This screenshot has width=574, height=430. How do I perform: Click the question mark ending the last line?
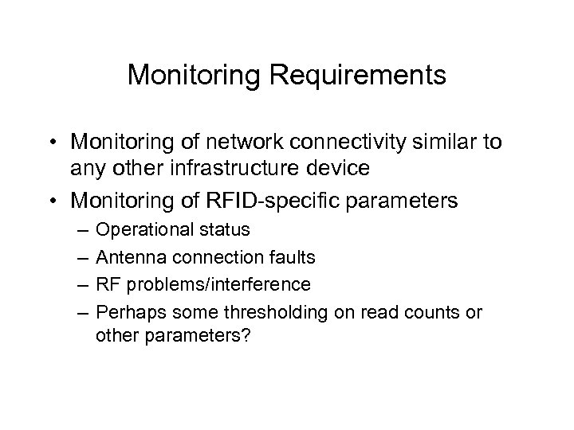click(x=247, y=335)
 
